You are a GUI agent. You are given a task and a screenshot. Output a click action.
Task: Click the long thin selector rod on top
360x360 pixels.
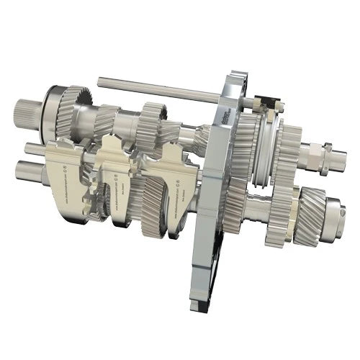(x=158, y=90)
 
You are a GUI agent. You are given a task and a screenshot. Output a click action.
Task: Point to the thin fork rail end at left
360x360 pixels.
(x=30, y=149)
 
